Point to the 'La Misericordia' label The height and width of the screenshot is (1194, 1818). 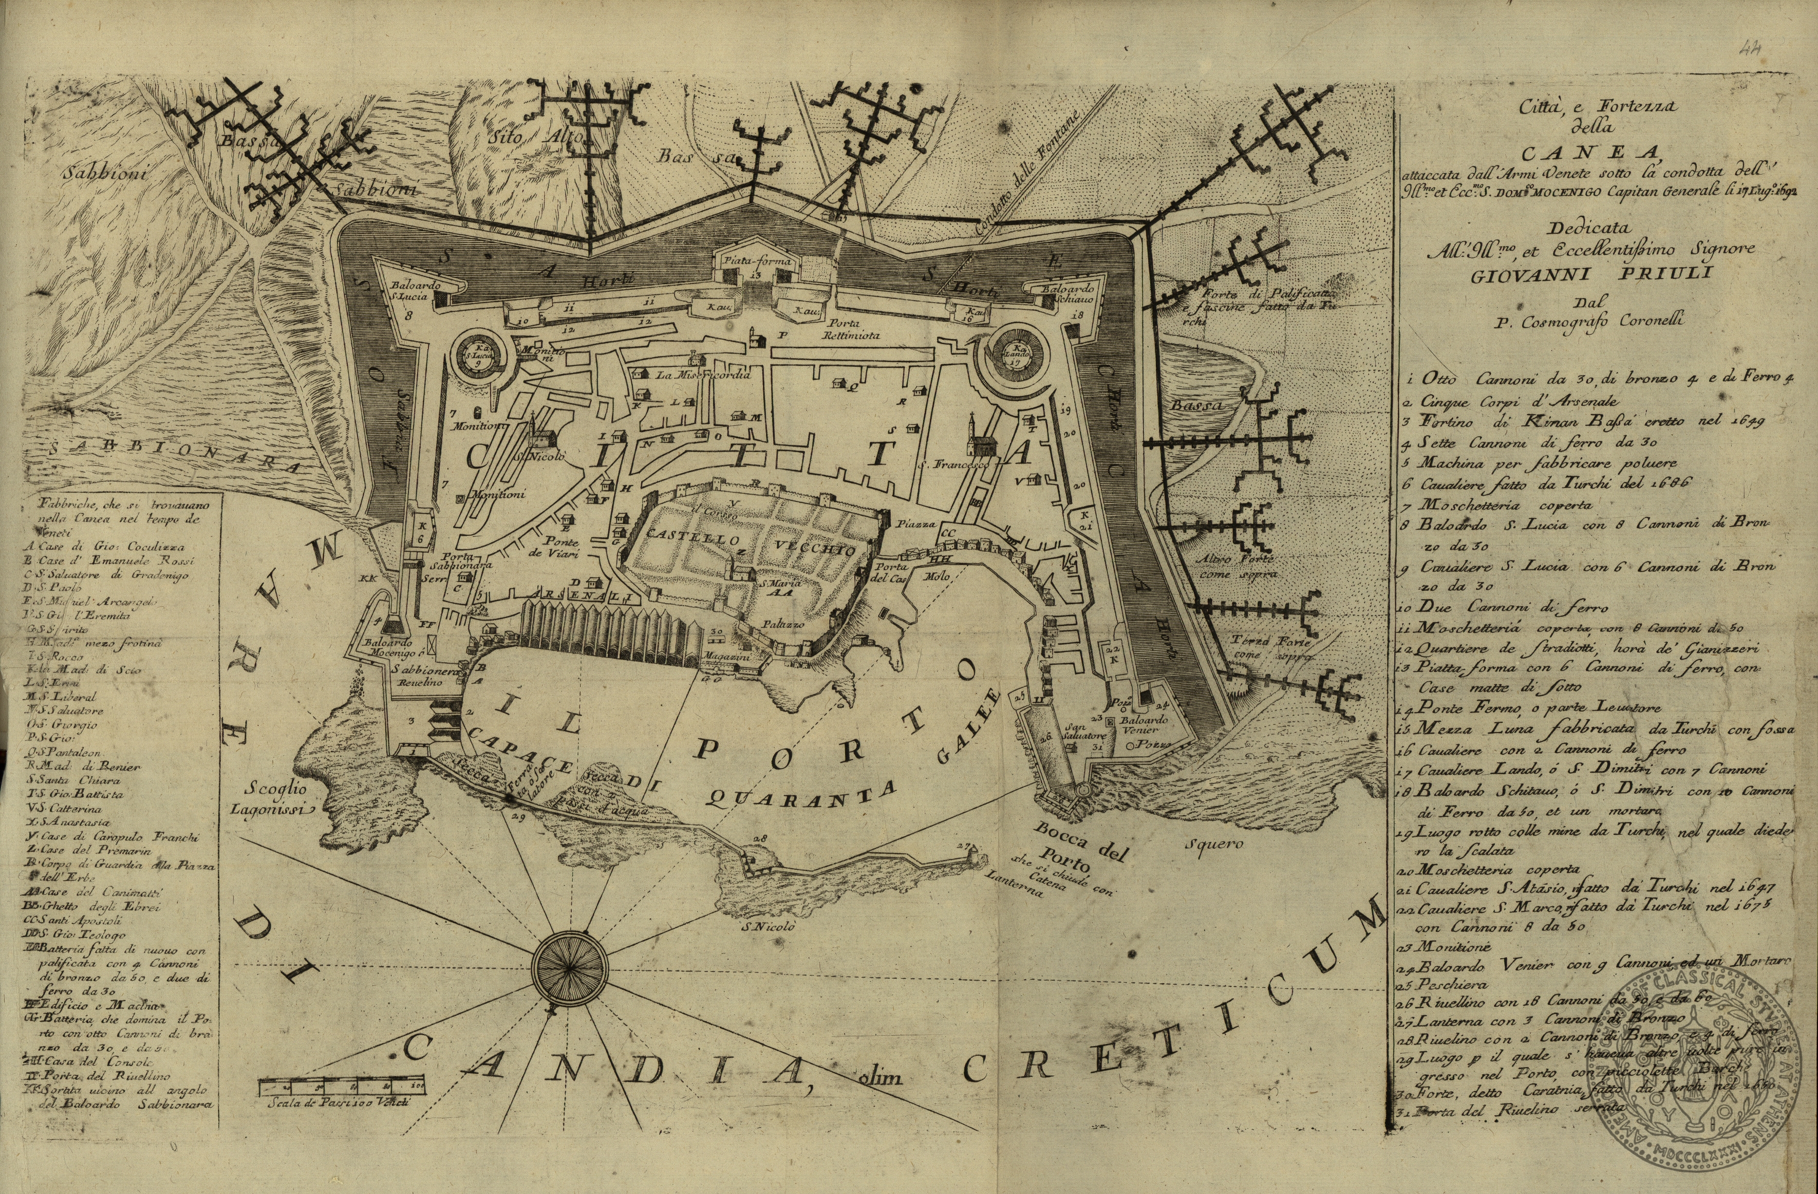tap(703, 376)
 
